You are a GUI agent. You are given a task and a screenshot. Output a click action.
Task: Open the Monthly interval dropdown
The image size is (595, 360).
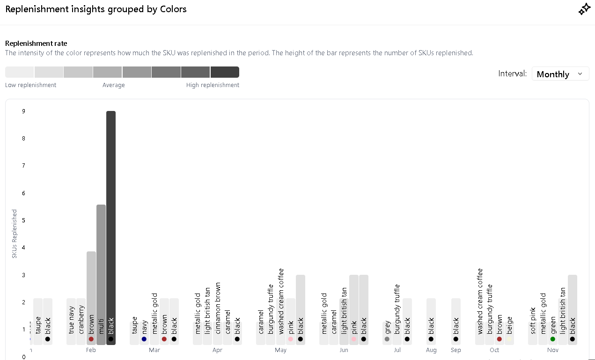pyautogui.click(x=560, y=74)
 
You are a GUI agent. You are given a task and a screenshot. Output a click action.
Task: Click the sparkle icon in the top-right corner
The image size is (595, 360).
pyautogui.click(x=584, y=9)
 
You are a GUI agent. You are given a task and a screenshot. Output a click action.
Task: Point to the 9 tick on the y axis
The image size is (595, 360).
pyautogui.click(x=23, y=111)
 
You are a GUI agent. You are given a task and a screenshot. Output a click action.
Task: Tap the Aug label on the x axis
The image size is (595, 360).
pyautogui.click(x=431, y=350)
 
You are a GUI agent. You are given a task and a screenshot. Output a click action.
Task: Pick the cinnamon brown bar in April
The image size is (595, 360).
pyautogui.click(x=218, y=323)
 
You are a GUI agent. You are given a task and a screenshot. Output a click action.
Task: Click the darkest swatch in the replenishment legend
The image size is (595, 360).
pyautogui.click(x=225, y=72)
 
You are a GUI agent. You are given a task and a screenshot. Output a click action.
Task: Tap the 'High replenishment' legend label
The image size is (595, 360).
pyautogui.click(x=213, y=85)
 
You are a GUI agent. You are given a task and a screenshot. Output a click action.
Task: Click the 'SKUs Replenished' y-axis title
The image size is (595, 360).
pyautogui.click(x=15, y=234)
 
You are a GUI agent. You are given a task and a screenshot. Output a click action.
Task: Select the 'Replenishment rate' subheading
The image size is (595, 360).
pyautogui.click(x=36, y=44)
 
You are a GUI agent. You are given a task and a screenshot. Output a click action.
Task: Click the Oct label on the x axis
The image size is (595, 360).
pyautogui.click(x=494, y=350)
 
